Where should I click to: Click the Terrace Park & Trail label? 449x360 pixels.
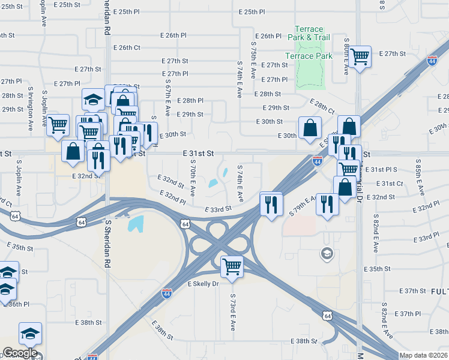coord(309,33)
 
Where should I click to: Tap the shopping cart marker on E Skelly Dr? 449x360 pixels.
coord(232,266)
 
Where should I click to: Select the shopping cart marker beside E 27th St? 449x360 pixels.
coord(360,57)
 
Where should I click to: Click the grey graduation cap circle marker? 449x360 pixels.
coord(327,253)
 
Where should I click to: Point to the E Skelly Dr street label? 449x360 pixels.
coord(205,283)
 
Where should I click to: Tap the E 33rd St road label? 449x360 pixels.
coord(218,209)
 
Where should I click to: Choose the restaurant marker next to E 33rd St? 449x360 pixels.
coord(271,204)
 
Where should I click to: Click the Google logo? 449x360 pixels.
coord(20,353)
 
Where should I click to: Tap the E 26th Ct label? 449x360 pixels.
coord(126,47)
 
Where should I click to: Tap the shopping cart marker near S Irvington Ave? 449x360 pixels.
coord(58,125)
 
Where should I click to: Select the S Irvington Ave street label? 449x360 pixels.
coord(30,109)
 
